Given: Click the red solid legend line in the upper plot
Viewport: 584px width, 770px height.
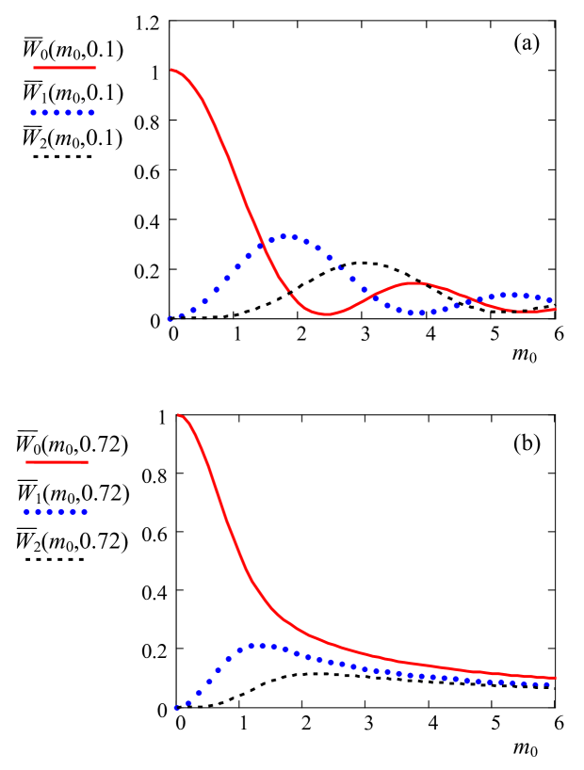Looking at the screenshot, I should click(65, 68).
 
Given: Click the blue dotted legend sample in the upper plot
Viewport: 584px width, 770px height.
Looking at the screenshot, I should click(63, 113).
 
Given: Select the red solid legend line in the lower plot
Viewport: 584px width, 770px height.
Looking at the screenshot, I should click(57, 462).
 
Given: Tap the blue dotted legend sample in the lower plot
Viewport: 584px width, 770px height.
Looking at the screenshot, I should click(56, 512).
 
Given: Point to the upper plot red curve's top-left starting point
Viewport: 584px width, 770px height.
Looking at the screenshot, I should click(171, 70).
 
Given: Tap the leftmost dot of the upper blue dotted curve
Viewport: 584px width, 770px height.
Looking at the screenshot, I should click(170, 319).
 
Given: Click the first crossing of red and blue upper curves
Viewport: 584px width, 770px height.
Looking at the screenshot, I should click(258, 245).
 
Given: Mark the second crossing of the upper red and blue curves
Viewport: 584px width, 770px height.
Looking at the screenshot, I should click(370, 296).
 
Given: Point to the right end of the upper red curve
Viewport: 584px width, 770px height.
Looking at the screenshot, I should click(555, 309).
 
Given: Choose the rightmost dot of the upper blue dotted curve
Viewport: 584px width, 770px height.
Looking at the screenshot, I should click(550, 300).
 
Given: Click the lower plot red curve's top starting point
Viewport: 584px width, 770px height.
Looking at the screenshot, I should click(178, 415).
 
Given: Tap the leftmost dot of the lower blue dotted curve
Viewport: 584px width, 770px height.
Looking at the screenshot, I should click(176, 708).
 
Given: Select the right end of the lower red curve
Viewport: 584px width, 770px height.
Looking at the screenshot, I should click(555, 677).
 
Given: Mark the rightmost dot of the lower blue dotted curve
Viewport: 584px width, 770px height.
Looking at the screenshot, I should click(548, 684).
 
